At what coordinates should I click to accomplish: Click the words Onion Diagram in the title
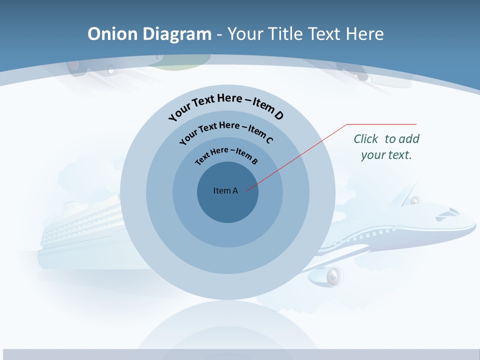149,34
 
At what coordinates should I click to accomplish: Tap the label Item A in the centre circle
225,190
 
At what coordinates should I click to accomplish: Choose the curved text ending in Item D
226,106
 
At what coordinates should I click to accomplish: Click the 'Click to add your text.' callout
386,146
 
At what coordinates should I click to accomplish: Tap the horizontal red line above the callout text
381,124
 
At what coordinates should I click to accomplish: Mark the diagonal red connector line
297,157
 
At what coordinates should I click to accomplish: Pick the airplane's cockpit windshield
446,213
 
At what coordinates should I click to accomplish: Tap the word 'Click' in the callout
366,139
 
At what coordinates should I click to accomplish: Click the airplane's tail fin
409,192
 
